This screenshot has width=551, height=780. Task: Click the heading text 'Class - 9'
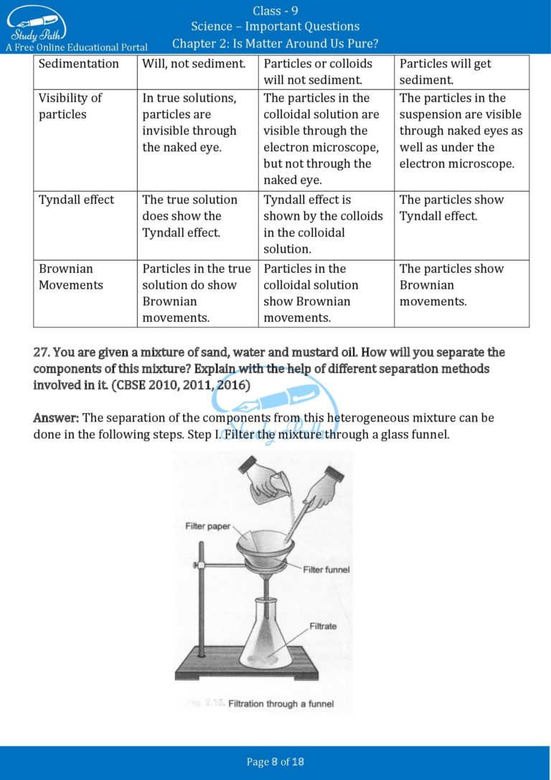coord(275,10)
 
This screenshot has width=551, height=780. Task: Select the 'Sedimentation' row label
coord(79,64)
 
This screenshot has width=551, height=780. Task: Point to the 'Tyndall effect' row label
coord(76,200)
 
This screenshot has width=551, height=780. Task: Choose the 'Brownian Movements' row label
coord(70,277)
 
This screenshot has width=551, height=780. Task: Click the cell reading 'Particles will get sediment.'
coord(445,72)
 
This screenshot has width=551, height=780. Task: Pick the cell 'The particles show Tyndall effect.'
coord(451,208)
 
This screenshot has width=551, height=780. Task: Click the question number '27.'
coord(42,353)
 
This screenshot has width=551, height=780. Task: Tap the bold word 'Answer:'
coord(57,418)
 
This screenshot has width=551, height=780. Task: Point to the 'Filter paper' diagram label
coord(208,526)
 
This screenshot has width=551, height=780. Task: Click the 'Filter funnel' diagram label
coord(326,570)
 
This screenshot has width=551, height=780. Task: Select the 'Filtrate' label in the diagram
coord(323,626)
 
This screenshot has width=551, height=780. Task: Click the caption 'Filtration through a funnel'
coord(281,704)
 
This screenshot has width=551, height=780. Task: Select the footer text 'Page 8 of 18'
coord(275,762)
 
